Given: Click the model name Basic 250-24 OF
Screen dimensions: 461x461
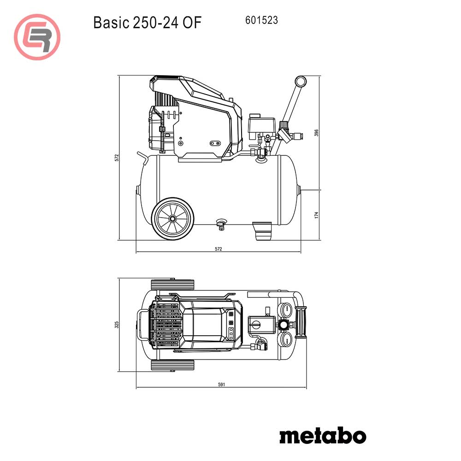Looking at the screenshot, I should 147,22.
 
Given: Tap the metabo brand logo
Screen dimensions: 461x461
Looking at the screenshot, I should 322,435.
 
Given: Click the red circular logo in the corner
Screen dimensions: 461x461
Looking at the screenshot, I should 37,37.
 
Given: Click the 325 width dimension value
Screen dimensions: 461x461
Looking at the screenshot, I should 117,325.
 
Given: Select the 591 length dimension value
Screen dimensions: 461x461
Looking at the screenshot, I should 222,385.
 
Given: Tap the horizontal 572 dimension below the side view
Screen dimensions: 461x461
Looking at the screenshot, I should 219,249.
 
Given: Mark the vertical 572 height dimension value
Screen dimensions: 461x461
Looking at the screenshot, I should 117,157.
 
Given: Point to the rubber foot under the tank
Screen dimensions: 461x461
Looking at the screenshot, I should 263,230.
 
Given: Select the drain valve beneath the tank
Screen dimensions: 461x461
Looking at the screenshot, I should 222,224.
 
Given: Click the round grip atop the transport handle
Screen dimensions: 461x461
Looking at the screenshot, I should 301,82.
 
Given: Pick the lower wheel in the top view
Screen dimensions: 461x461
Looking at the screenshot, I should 173,366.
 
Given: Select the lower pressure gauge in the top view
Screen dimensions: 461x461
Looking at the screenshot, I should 286,340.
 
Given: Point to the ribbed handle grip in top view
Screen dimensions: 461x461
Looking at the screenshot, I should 302,323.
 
